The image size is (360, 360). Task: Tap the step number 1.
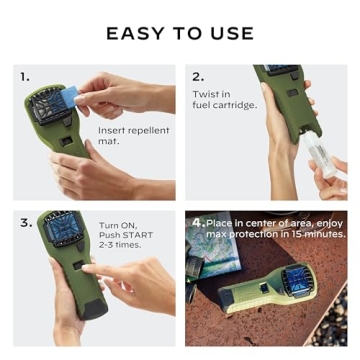[x=25, y=76]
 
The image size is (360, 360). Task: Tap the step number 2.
[x=198, y=76]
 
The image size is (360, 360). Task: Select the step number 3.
[x=25, y=223]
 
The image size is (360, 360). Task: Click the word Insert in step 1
[x=110, y=131]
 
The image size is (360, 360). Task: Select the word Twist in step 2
[x=203, y=94]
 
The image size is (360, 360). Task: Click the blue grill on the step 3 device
[x=59, y=235]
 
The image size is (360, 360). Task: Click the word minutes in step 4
[x=321, y=233]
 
